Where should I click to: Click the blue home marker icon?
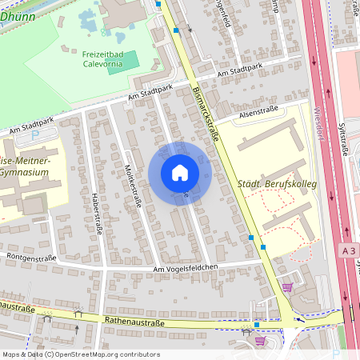pos(179,173)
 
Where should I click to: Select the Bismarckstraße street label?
pos(206,114)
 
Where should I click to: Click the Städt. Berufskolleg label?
pos(278,185)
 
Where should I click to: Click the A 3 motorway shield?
pos(346,250)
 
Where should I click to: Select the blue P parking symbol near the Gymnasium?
pos(34,136)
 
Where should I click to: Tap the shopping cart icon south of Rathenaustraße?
pos(260,340)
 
